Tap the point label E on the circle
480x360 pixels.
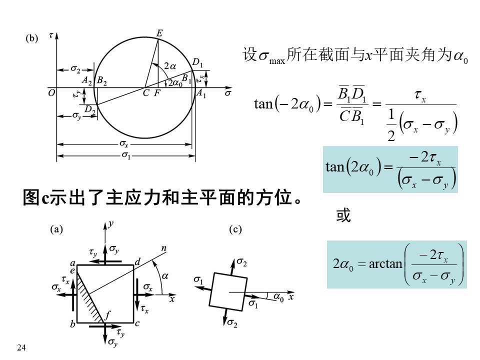point(159,33)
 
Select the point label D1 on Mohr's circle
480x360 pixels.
point(198,62)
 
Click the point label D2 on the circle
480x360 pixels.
point(89,108)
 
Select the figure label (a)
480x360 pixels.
point(57,229)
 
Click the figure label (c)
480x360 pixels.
point(235,229)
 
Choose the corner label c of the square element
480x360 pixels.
point(137,324)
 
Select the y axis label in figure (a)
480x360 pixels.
point(110,225)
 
